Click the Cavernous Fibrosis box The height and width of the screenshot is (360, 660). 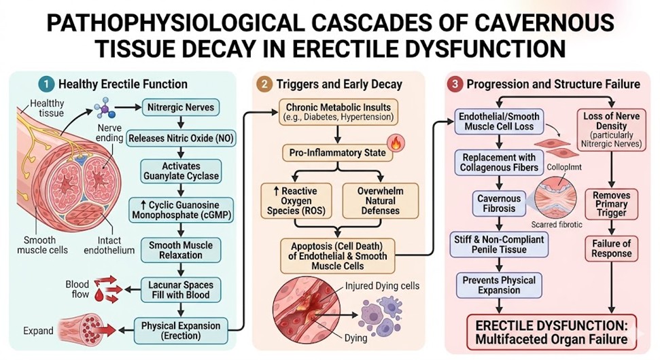coord(499,203)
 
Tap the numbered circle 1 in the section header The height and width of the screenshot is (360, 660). coord(46,84)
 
